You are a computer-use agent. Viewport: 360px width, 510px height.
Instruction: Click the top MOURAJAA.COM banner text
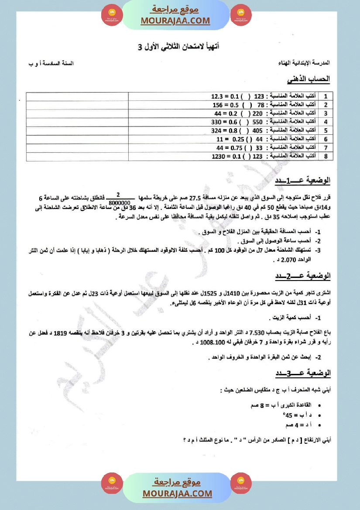tap(175, 21)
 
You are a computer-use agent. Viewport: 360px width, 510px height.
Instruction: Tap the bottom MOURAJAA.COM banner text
tap(177, 493)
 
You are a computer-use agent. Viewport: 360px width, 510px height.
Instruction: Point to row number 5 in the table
tap(326, 130)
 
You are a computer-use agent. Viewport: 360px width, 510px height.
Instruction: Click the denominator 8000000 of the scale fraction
tap(118, 202)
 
